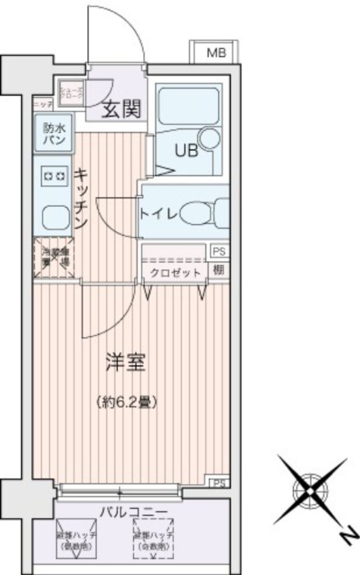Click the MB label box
[x=215, y=53]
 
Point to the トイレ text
[x=159, y=212]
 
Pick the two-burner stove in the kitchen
[x=53, y=176]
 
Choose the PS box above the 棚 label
[x=220, y=251]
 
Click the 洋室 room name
[x=125, y=362]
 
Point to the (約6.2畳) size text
[x=128, y=402]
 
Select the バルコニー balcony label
[x=133, y=510]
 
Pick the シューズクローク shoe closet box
[x=72, y=90]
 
